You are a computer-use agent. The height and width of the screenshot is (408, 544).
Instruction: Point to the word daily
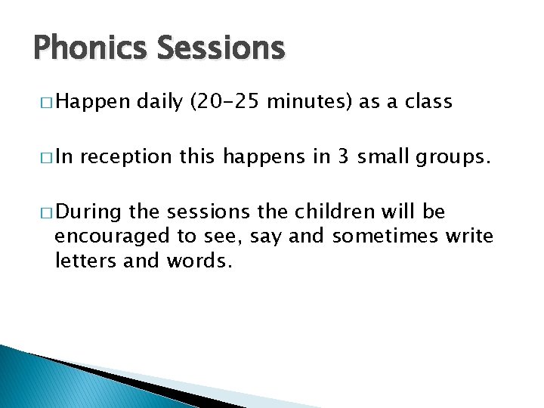[x=159, y=102]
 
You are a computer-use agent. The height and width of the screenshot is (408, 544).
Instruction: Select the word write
[x=466, y=236]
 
